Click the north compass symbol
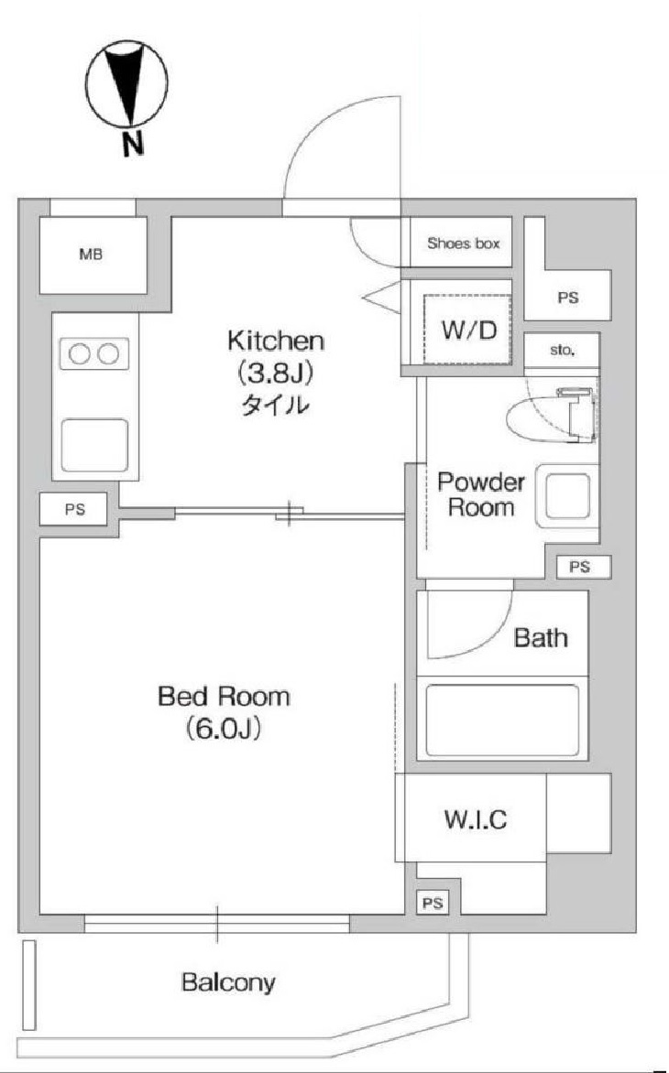[x=127, y=85]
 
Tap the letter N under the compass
[x=132, y=143]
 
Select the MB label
[x=91, y=255]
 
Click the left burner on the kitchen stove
[x=81, y=353]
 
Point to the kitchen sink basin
[x=95, y=445]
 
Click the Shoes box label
[x=464, y=243]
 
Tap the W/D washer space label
[x=468, y=331]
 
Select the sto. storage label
[x=562, y=351]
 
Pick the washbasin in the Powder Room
[x=567, y=495]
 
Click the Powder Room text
[x=481, y=494]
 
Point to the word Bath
[x=541, y=638]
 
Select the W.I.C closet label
[x=476, y=818]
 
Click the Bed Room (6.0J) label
[x=224, y=713]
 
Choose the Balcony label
[x=228, y=982]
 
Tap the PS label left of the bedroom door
[x=74, y=510]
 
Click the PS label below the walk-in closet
[x=432, y=904]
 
